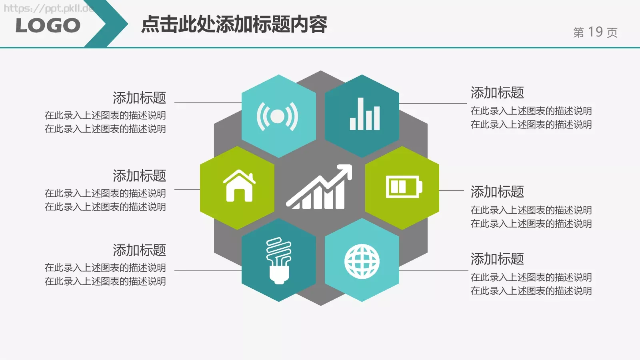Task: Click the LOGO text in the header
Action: (48, 26)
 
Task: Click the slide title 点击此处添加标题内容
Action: (234, 24)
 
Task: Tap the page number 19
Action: (595, 32)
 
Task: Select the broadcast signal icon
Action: (277, 116)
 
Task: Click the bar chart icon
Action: (364, 115)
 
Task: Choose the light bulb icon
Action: (279, 260)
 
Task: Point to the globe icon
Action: (362, 262)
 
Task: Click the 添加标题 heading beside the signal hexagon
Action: (139, 98)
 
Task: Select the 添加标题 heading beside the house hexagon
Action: (139, 176)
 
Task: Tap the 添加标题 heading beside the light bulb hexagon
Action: (139, 250)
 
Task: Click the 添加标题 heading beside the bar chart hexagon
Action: (497, 92)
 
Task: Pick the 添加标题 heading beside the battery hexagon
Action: (497, 192)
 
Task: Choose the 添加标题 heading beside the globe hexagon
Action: (497, 259)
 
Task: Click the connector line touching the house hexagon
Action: (187, 190)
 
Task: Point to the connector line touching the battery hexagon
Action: (452, 190)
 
